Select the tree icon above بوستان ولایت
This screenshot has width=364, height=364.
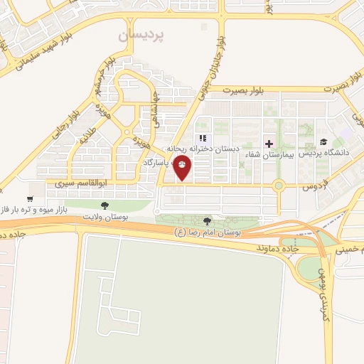pyautogui.click(x=105, y=205)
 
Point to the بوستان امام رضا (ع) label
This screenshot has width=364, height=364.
pyautogui.click(x=209, y=232)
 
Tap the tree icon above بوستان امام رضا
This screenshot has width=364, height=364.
pyautogui.click(x=207, y=221)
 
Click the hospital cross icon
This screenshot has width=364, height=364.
pyautogui.click(x=269, y=144)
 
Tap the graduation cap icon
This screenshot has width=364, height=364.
pyautogui.click(x=324, y=143)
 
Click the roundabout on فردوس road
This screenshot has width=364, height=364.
pyautogui.click(x=278, y=187)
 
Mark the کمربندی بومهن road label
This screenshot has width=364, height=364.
pyautogui.click(x=321, y=282)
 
